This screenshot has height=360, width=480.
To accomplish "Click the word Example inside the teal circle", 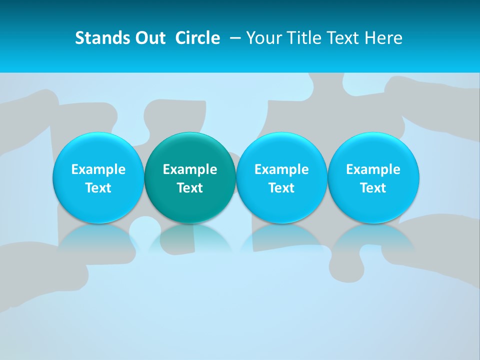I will coord(190,169).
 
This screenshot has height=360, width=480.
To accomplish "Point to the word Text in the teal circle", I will coord(190,188).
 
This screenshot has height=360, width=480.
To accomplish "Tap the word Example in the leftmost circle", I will coord(98,169).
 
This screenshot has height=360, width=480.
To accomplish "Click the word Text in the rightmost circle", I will coord(373,188).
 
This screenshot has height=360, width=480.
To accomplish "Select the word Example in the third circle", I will coord(281,169).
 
